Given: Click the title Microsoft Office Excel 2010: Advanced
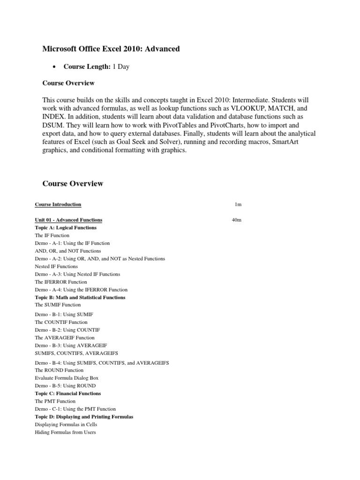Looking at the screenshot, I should click(111, 49).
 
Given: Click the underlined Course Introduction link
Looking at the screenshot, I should click(58, 204).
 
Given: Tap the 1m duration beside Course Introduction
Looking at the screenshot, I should click(238, 204).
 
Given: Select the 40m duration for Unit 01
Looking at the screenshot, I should click(236, 220).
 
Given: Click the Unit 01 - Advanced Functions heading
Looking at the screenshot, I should click(68, 220).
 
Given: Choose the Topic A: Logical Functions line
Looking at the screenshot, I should click(66, 227).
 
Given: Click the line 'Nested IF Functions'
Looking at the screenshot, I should click(56, 266).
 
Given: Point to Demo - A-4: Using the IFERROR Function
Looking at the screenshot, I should click(81, 290).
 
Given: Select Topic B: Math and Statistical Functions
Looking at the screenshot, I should click(80, 297).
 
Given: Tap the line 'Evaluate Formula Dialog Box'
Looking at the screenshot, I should click(67, 378).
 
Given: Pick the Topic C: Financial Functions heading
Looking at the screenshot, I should click(67, 393).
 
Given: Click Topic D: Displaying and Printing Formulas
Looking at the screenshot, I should click(84, 416).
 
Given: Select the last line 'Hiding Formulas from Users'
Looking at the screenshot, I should click(65, 432).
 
